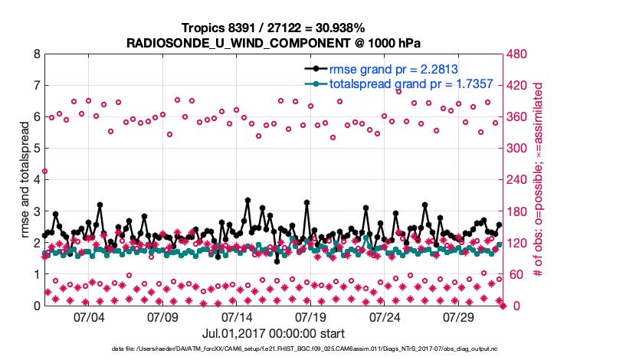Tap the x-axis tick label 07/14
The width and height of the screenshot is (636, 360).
pos(237,316)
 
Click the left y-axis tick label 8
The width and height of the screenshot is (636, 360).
pos(37,54)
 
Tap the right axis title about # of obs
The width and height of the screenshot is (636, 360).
pos(539,179)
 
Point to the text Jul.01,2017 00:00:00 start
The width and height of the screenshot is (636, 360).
pos(273,333)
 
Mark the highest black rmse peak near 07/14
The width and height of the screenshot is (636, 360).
pos(248,200)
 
